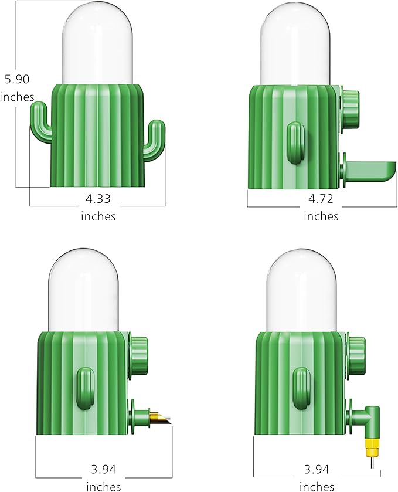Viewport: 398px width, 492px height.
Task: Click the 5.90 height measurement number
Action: click(x=16, y=79)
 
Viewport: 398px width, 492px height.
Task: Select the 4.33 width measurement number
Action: click(x=98, y=199)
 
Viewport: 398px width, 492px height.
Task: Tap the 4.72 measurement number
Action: click(x=321, y=199)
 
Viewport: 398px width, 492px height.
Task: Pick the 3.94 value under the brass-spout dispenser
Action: click(x=104, y=469)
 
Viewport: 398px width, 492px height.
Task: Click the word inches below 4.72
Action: click(x=321, y=216)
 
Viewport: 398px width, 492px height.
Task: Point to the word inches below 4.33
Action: click(x=98, y=216)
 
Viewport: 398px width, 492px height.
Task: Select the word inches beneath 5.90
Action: click(x=17, y=97)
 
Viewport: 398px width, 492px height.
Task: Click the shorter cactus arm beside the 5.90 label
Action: click(x=39, y=120)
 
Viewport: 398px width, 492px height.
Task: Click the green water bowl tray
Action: click(x=369, y=172)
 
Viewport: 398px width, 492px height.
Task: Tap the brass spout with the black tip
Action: click(x=160, y=418)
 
